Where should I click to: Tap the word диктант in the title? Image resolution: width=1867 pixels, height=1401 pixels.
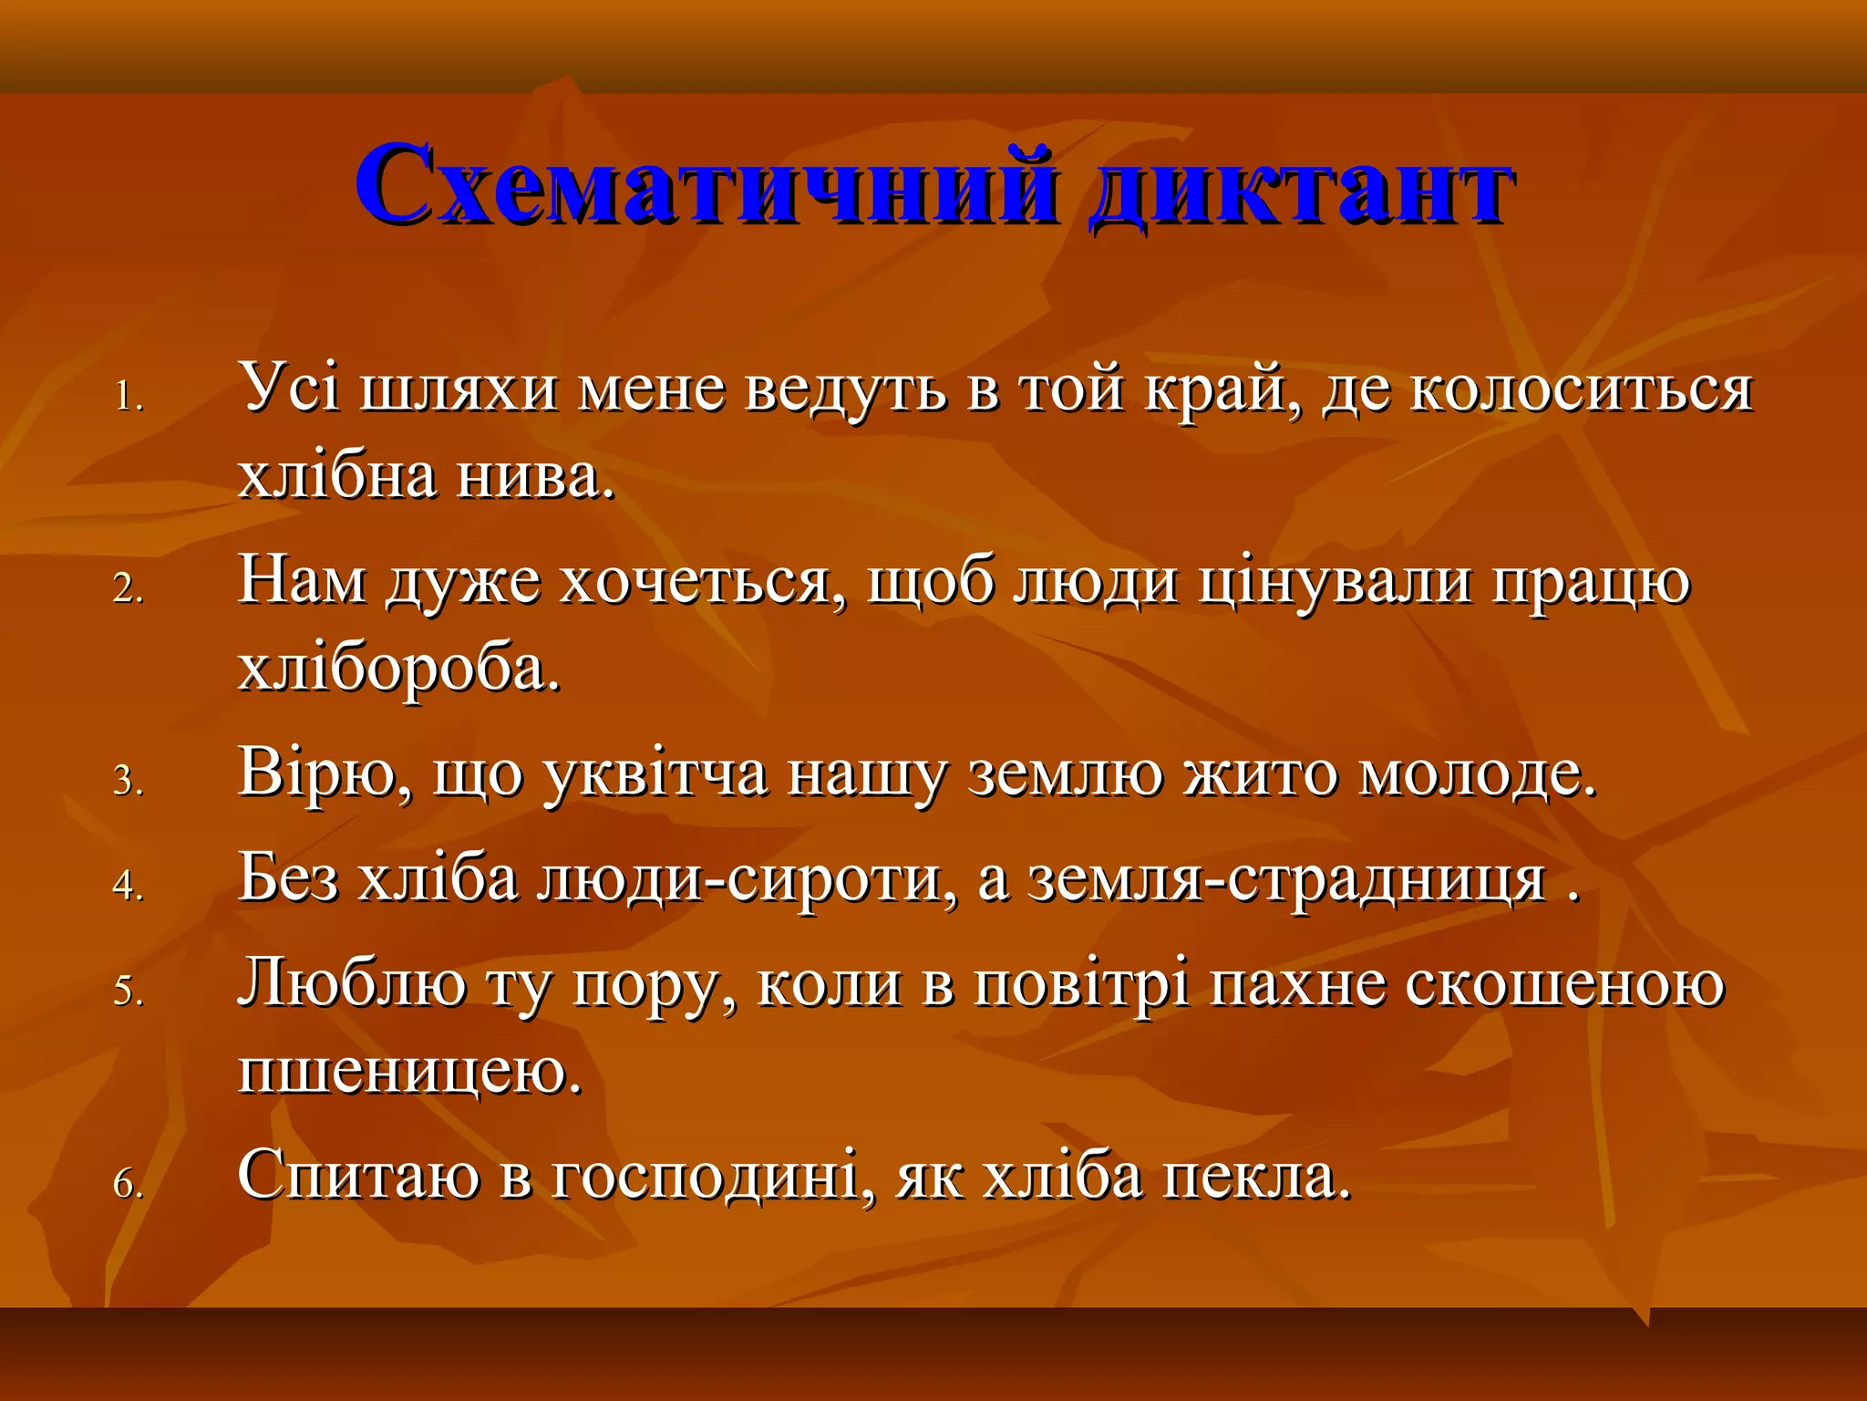point(1299,185)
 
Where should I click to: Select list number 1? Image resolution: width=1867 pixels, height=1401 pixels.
point(129,398)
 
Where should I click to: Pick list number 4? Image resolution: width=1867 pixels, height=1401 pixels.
point(129,886)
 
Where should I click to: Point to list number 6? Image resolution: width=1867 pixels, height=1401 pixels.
point(129,1184)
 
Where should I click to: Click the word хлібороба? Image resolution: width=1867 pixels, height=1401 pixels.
point(398,670)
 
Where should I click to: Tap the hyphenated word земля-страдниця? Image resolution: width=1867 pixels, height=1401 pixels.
point(1286,880)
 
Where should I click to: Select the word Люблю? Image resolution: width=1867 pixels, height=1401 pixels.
point(352,985)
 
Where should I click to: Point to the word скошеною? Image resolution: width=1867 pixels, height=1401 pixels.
point(1564,985)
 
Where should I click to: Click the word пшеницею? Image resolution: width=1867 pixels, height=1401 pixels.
point(409,1073)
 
